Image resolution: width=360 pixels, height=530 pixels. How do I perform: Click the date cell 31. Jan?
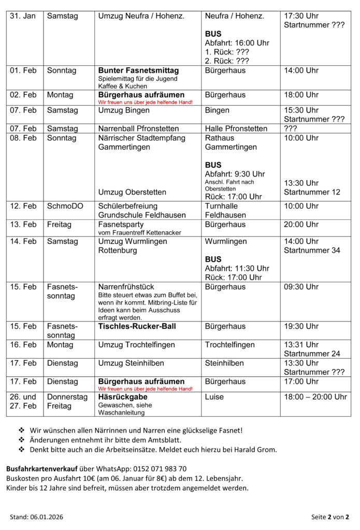pos(23,16)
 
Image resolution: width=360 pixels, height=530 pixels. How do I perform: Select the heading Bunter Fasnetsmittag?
pos(138,70)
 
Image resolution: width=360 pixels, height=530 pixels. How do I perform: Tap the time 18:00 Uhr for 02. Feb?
pos(301,95)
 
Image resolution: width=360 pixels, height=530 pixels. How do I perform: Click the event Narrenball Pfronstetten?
pos(138,128)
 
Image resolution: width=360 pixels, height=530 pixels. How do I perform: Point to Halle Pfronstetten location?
pos(236,128)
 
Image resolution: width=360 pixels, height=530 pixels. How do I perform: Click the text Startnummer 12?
pos(312,192)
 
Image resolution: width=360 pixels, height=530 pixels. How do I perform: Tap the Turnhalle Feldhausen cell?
pos(225,210)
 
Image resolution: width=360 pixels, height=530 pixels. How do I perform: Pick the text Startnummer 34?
pos(312,251)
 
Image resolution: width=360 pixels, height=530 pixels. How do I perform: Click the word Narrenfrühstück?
pos(126,287)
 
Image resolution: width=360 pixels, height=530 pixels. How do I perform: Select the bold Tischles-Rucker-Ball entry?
pos(137,327)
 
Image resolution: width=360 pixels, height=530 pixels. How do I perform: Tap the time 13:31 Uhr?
pos(301,345)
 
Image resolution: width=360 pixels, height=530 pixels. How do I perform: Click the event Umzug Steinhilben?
pos(131,363)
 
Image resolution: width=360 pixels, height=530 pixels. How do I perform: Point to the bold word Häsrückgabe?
pos(123,397)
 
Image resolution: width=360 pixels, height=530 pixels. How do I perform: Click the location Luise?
pos(214,397)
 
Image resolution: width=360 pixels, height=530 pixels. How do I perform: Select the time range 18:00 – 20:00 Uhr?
pos(315,397)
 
